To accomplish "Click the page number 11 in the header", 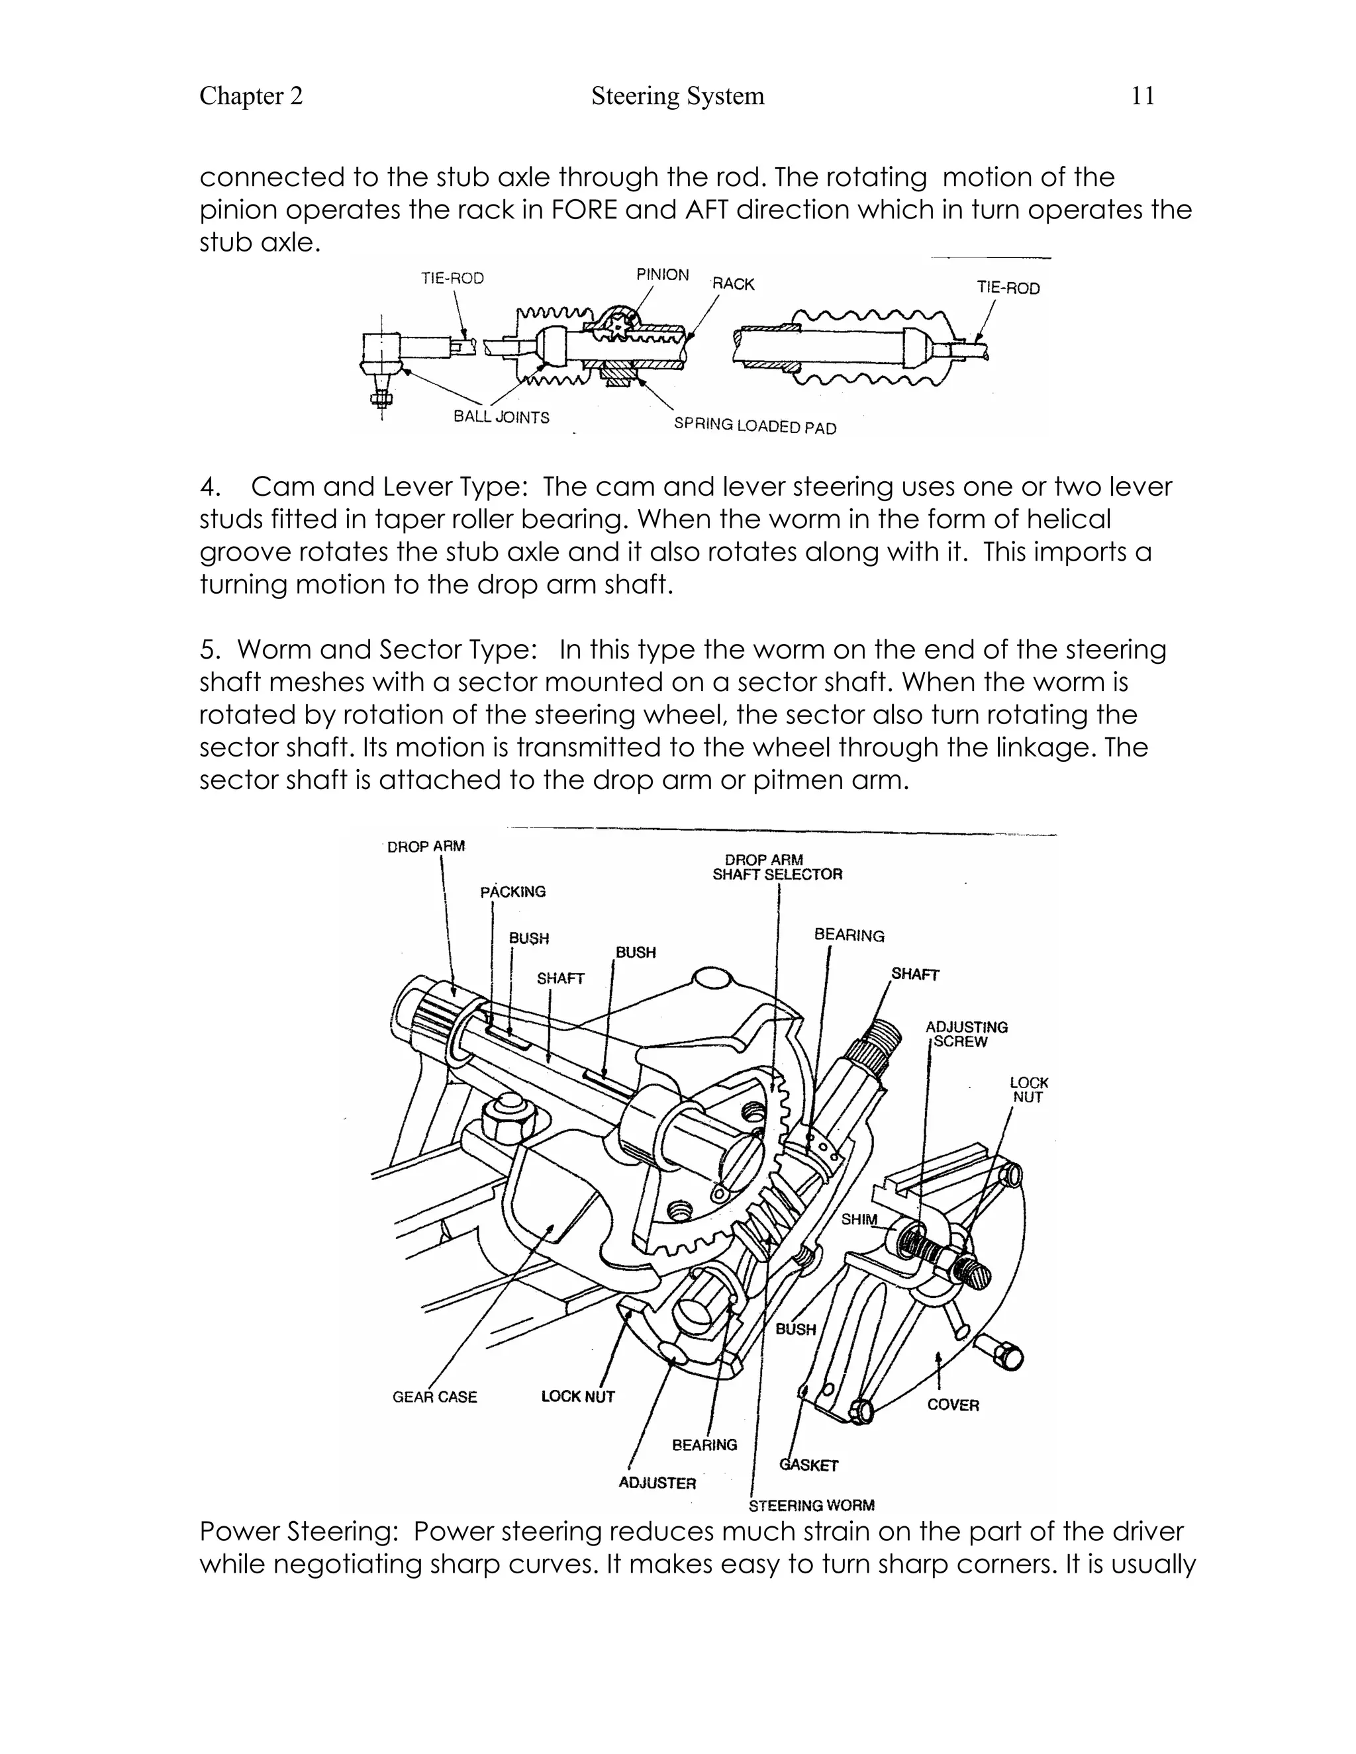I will tap(1142, 97).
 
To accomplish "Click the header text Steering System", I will tap(677, 97).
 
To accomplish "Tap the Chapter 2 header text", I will tap(251, 97).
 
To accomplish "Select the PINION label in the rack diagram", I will tap(662, 275).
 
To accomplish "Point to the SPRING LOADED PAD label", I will tap(754, 426).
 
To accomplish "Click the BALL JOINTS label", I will tap(501, 417).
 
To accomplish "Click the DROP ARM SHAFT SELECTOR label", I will tap(777, 867).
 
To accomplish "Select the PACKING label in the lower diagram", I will tap(512, 892).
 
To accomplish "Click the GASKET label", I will tap(809, 1465).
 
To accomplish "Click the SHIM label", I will tap(859, 1219).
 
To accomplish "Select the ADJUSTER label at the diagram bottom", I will tap(657, 1483).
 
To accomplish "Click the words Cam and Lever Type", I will tap(388, 486).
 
